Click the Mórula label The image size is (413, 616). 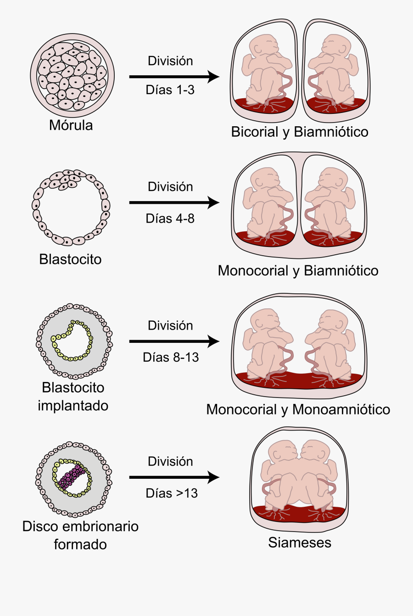(71, 125)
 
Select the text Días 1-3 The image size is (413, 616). (170, 90)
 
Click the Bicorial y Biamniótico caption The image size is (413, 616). (299, 132)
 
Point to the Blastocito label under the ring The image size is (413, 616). (70, 259)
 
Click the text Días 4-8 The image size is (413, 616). (170, 218)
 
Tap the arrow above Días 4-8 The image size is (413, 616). (174, 202)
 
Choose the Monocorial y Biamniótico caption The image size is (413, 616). (298, 270)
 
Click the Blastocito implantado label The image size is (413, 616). (73, 397)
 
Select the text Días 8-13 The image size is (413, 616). (171, 357)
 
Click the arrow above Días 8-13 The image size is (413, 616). (174, 341)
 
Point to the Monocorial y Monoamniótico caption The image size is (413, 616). (298, 409)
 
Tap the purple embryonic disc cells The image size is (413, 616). (72, 477)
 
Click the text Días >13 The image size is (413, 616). (172, 493)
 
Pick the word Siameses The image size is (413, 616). (300, 543)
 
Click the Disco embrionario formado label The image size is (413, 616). (80, 535)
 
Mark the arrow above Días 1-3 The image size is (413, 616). (174, 77)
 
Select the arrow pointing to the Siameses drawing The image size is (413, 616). (174, 477)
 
